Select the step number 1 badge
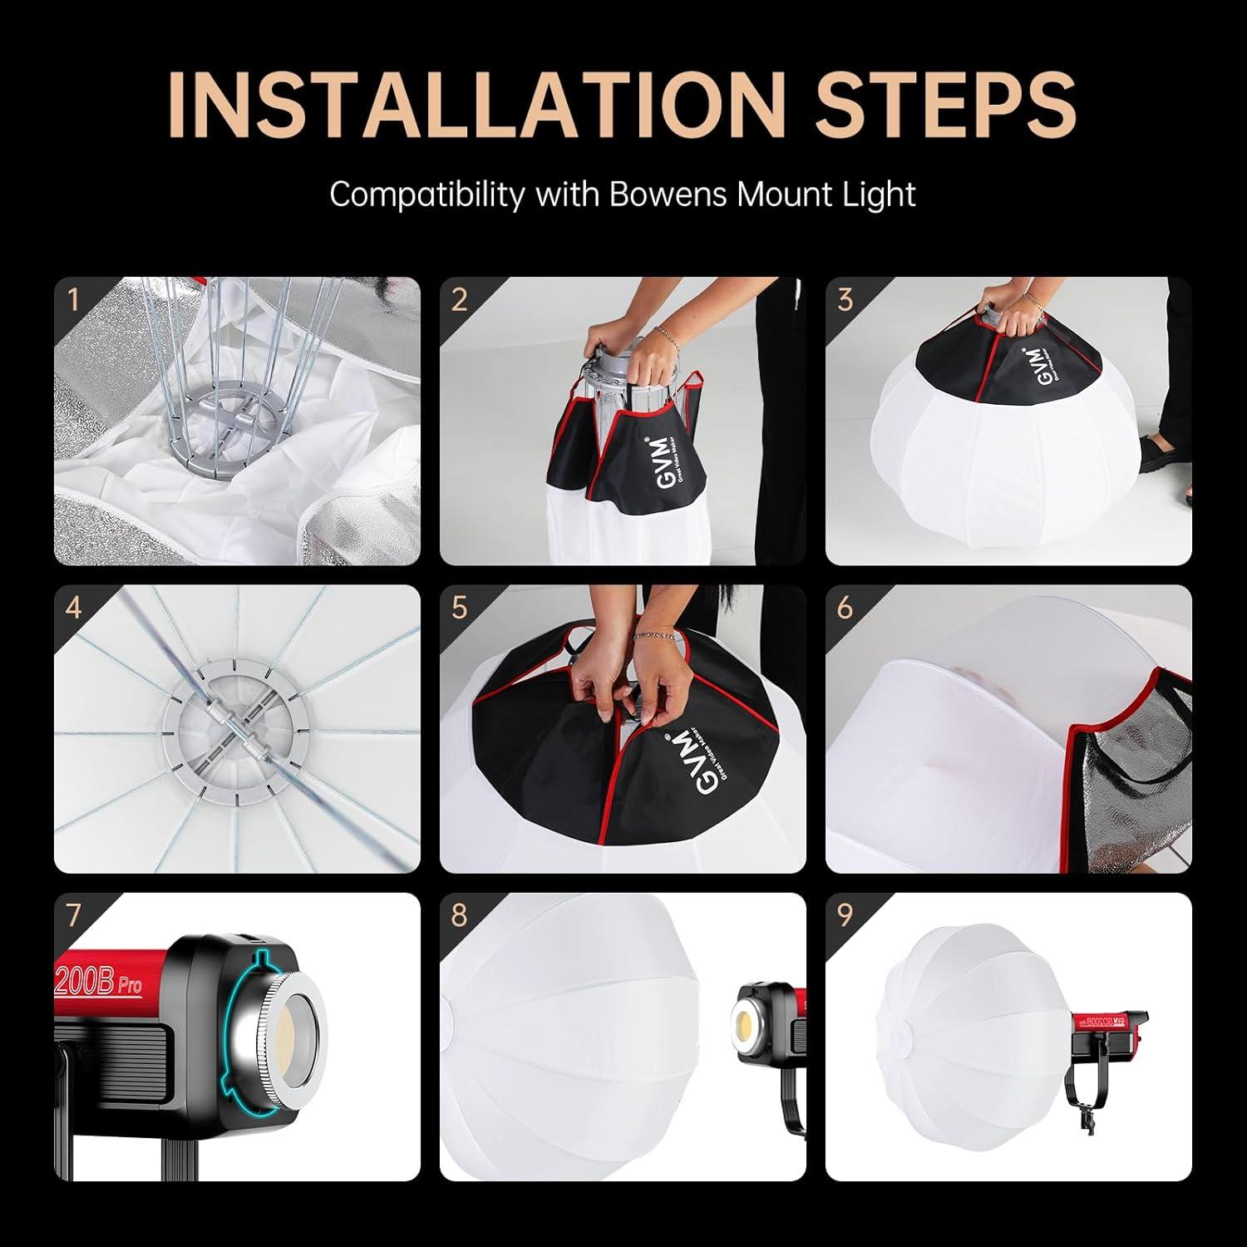73,299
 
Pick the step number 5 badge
459,608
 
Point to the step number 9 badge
845,915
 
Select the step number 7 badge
73,915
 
